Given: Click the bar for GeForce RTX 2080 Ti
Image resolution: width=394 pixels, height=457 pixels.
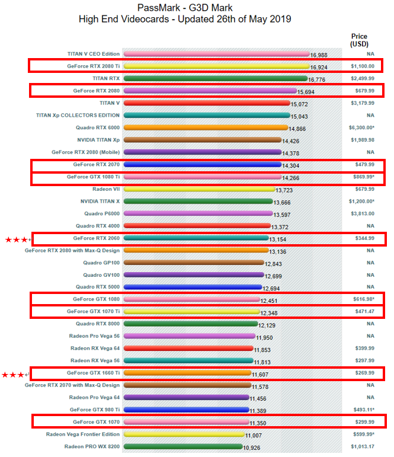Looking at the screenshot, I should coord(216,66).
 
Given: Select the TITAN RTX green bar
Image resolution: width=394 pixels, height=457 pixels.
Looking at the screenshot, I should coord(214,78).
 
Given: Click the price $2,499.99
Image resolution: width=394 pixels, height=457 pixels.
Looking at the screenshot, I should coord(361,78).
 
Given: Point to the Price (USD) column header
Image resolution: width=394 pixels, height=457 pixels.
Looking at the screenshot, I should coord(359,40).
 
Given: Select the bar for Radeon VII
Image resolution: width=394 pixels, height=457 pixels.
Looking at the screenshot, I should coord(199,189).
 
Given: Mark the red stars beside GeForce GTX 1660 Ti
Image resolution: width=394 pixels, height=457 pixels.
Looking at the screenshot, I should coord(14,375).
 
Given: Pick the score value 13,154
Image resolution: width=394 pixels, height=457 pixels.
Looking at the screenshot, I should coord(279,239).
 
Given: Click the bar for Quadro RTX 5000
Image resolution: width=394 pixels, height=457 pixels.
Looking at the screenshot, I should coord(193,287).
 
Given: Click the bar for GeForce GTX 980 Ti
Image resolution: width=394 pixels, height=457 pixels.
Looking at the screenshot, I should coord(186,410).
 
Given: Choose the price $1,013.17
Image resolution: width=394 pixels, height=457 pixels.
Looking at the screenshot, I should coord(361,446).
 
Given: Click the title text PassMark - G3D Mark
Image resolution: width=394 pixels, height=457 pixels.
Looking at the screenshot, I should coord(185,8).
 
